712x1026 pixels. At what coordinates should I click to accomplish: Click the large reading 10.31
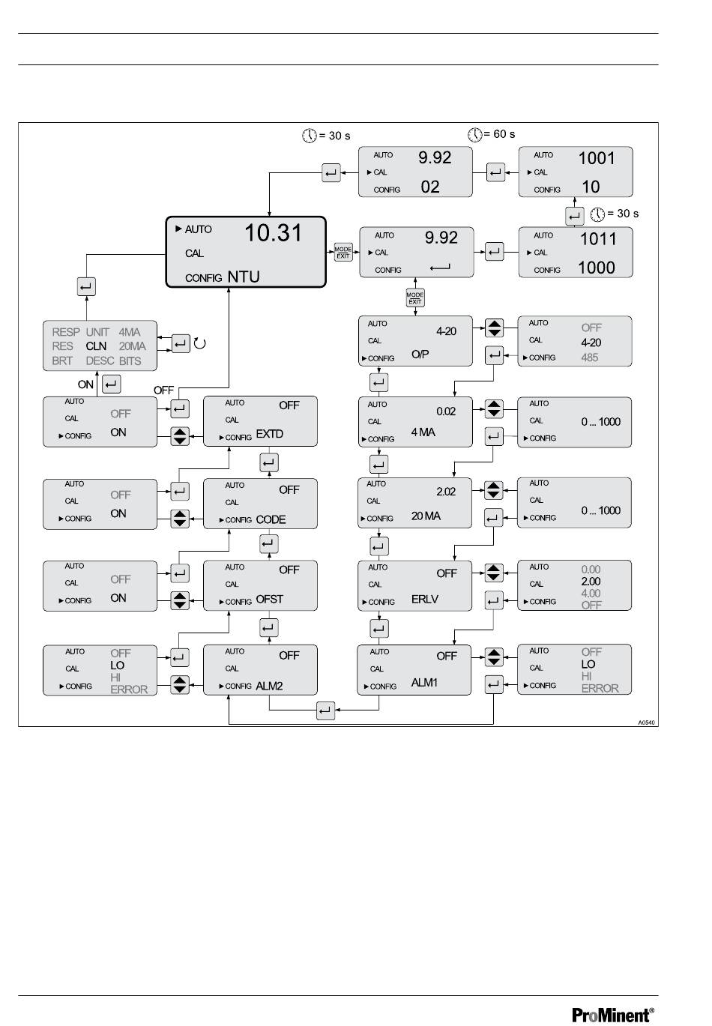coord(273,232)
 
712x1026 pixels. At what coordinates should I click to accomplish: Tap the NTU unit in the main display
coord(244,277)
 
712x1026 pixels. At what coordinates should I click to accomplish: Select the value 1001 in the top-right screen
coord(596,158)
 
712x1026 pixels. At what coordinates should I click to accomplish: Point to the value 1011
coord(597,238)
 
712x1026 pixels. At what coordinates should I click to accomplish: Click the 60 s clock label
coord(492,134)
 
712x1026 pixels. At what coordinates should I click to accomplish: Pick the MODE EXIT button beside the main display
coord(343,252)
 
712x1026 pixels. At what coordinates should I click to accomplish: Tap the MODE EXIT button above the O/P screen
coord(415,298)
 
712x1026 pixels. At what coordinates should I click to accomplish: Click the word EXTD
coord(269,434)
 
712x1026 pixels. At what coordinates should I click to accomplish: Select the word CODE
coord(271,519)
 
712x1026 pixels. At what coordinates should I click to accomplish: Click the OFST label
coord(269,599)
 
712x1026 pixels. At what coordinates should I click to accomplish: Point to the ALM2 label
coord(269,686)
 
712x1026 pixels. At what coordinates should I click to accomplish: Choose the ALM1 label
coord(424,683)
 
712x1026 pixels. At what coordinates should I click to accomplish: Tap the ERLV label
coord(425,599)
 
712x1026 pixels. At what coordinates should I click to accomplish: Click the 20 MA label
coord(426,516)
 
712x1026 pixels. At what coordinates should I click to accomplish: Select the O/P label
coord(420,354)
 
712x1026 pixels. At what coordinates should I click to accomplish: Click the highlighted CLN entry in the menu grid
coord(96,346)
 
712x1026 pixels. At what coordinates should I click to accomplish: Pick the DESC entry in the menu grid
coord(100,361)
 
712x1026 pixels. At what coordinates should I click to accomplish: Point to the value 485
coord(590,357)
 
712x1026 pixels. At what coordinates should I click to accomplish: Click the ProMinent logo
coord(612,1015)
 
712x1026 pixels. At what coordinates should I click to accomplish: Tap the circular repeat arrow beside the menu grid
coord(200,343)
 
